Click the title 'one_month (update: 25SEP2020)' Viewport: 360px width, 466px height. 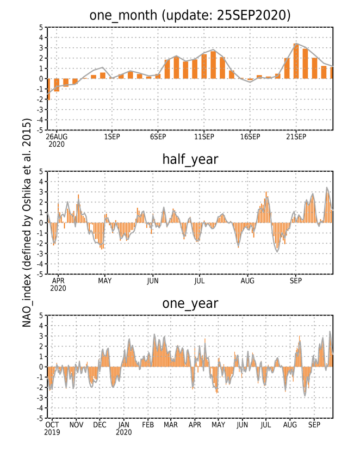190,15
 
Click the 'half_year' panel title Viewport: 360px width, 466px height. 190,160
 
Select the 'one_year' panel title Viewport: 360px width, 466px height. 190,304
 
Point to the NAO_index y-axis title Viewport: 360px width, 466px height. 27,222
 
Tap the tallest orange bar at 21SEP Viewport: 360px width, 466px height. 296,61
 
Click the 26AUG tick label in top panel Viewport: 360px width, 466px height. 57,136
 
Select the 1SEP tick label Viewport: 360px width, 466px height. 112,136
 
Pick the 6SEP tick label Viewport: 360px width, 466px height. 158,136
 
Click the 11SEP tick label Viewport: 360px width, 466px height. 204,136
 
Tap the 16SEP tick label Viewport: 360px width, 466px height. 250,136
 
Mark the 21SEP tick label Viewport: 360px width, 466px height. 296,136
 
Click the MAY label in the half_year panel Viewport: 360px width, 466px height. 104,281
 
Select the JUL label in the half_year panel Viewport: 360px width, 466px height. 200,281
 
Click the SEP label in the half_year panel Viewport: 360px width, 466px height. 296,281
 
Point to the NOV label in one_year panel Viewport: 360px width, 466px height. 76,425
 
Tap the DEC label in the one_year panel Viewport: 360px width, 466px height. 100,425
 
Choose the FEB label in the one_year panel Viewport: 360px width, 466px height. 148,425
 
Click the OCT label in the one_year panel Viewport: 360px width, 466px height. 52,425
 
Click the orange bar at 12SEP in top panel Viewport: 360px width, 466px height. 213,65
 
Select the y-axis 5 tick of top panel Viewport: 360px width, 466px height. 41,27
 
